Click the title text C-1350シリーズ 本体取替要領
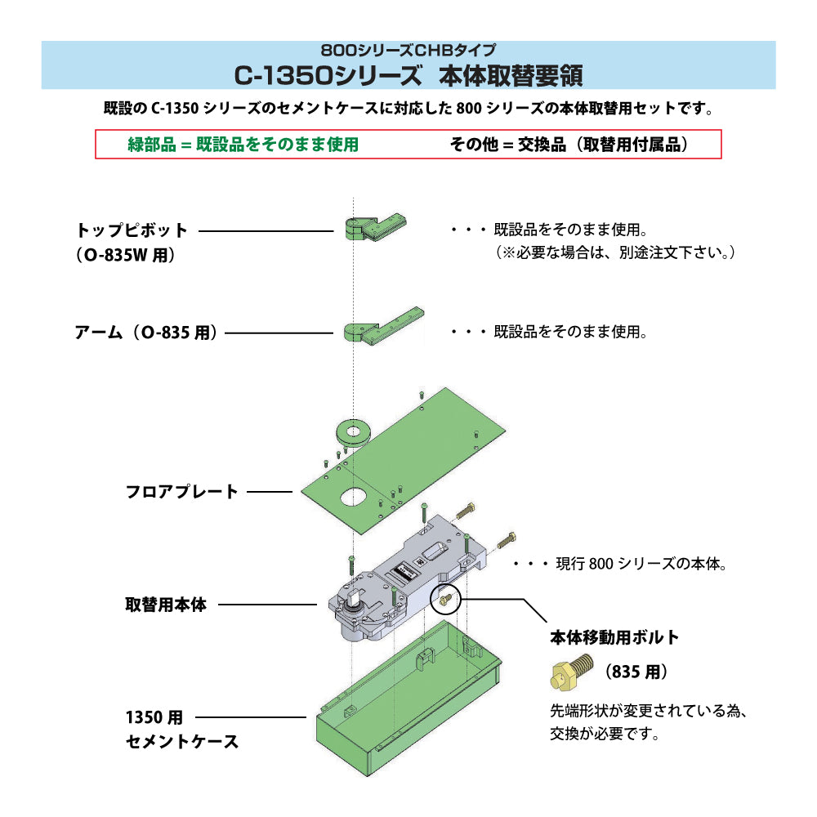408,75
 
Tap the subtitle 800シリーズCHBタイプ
408,50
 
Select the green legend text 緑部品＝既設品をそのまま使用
243,145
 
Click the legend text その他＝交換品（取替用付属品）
569,145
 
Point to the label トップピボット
132,230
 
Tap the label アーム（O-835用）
146,333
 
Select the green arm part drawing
383,325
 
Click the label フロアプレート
181,491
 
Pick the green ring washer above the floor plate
354,432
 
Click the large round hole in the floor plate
354,497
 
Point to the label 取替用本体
166,605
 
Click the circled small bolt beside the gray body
445,599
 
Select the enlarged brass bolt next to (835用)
572,671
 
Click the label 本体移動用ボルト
615,637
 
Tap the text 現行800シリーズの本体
641,563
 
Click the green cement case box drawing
408,699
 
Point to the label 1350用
154,717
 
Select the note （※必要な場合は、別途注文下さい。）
614,252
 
